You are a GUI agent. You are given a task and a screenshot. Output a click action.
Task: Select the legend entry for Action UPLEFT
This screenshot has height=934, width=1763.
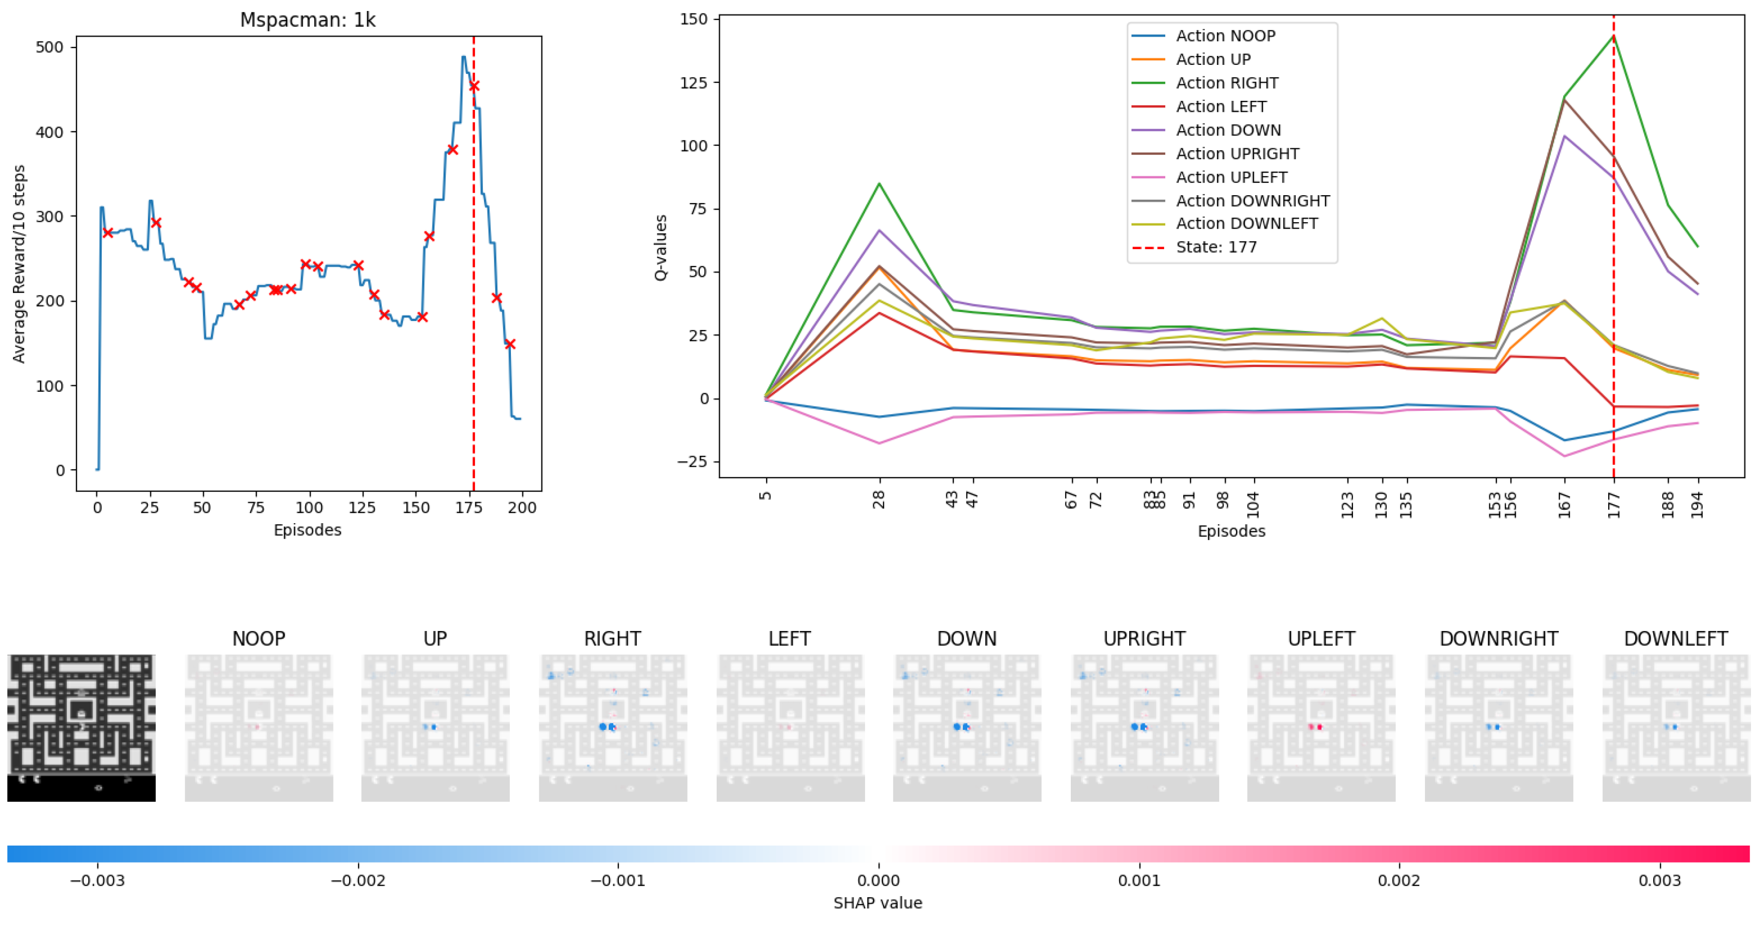pos(1231,177)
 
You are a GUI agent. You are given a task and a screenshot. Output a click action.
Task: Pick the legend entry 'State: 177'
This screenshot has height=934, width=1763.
pos(1216,247)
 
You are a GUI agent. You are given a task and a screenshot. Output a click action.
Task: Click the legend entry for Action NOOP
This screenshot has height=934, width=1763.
pos(1225,35)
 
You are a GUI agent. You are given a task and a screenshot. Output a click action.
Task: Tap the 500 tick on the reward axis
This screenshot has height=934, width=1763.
pos(49,47)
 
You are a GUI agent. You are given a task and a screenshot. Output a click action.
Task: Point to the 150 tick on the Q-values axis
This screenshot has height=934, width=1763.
pos(693,19)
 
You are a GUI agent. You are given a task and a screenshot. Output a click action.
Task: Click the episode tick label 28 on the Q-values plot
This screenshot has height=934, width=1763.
pos(879,500)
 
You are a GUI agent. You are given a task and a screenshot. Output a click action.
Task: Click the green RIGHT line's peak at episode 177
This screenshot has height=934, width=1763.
pos(1613,36)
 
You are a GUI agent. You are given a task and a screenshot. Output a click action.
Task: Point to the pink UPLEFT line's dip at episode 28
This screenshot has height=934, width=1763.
pos(879,443)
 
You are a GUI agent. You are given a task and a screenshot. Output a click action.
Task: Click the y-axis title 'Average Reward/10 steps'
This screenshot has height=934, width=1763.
pos(18,264)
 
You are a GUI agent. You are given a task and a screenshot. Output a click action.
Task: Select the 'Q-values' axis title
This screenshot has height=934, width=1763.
pos(660,248)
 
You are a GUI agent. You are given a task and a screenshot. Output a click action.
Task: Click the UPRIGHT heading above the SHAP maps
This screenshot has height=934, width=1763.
pos(1144,638)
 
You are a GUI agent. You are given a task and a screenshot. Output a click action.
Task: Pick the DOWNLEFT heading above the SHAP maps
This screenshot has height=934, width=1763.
pos(1676,638)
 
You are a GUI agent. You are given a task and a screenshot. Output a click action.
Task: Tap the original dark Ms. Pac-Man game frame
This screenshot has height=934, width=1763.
pos(81,728)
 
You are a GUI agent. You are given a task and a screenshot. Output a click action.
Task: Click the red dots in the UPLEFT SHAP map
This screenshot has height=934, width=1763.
pos(1315,727)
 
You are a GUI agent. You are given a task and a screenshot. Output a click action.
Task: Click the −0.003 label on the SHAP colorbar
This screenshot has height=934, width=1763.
pos(97,881)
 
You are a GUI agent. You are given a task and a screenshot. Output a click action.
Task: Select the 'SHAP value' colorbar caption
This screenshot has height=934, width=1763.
pos(878,903)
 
